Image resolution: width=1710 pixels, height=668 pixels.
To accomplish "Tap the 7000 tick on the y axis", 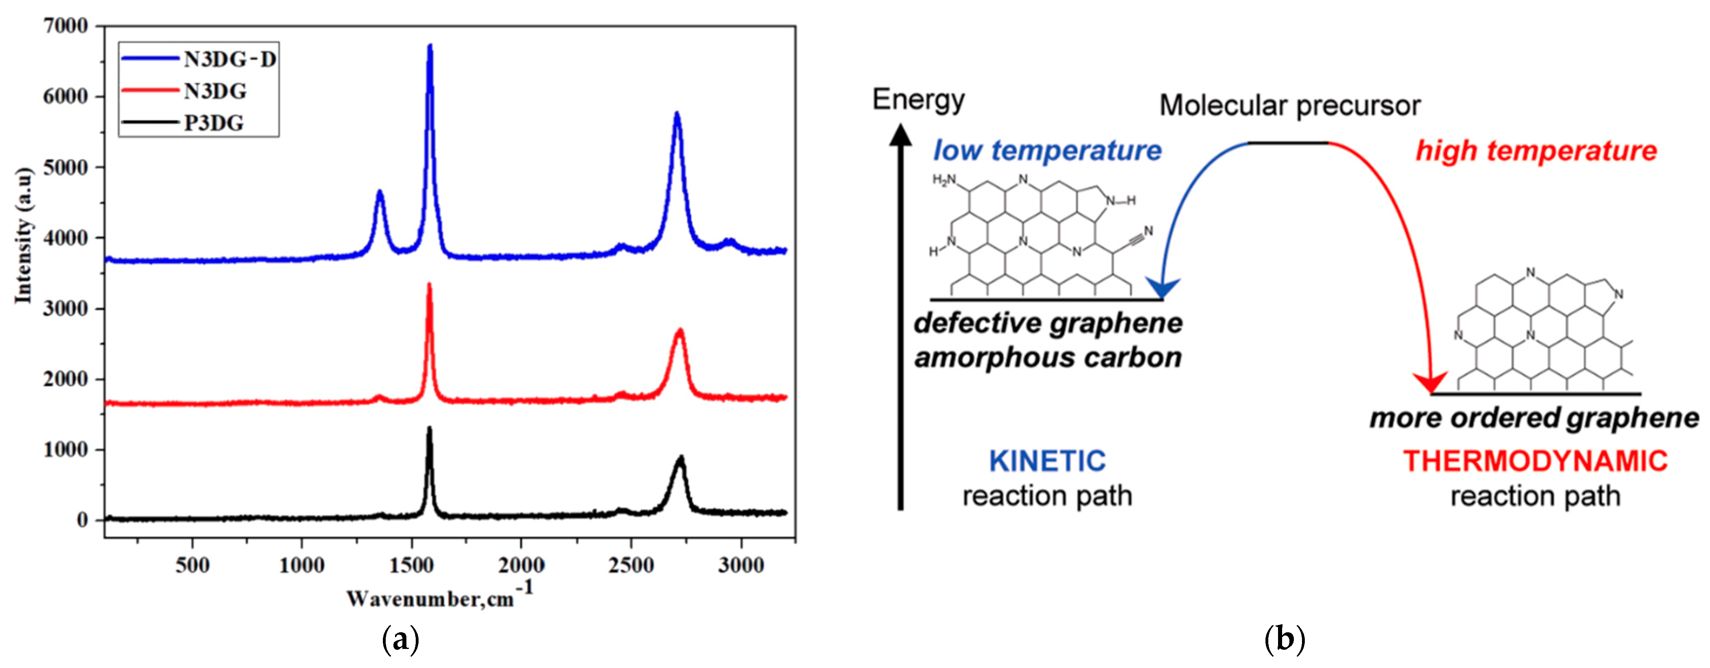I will [65, 26].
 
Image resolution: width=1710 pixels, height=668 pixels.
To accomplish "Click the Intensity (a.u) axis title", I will [24, 236].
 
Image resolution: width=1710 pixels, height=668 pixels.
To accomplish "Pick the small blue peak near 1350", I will [380, 192].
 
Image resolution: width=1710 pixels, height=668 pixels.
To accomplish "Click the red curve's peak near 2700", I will [679, 331].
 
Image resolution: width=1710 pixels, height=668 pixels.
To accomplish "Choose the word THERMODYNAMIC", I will [1535, 461].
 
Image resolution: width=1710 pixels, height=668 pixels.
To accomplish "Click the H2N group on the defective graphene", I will [943, 179].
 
